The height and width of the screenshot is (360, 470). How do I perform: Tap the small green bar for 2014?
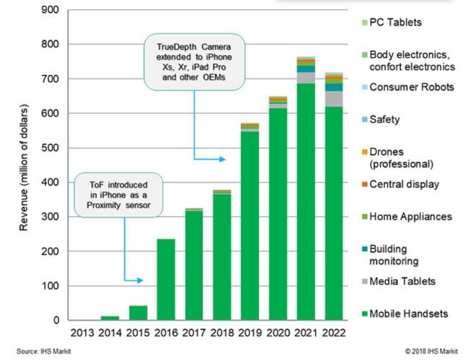tap(109, 317)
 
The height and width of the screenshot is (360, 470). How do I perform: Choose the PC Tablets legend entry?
tap(396, 22)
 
